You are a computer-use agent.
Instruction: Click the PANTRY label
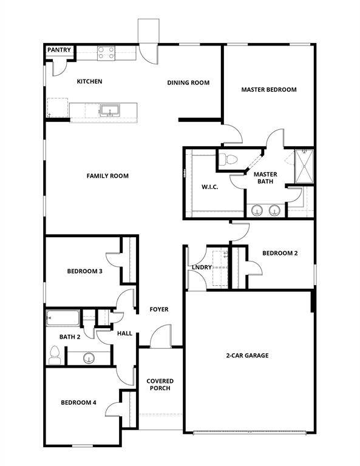pos(59,50)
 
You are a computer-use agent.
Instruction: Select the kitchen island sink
pos(110,110)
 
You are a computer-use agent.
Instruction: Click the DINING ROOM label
pos(188,83)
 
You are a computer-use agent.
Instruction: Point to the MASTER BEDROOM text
pos(269,90)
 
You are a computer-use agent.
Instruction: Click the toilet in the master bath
pos(229,160)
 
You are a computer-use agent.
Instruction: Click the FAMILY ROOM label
pos(107,176)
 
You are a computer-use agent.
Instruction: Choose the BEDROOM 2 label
pos(280,254)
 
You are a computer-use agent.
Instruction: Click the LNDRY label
pos(201,268)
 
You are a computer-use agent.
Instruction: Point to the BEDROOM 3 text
pos(84,271)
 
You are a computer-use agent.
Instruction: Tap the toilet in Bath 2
pos(55,354)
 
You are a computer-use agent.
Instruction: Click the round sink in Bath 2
pos(89,358)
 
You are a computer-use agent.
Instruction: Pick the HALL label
pos(124,333)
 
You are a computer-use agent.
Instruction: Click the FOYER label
pos(159,309)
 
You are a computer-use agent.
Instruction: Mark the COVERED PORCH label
pos(158,385)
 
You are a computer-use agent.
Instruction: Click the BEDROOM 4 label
pos(78,402)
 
